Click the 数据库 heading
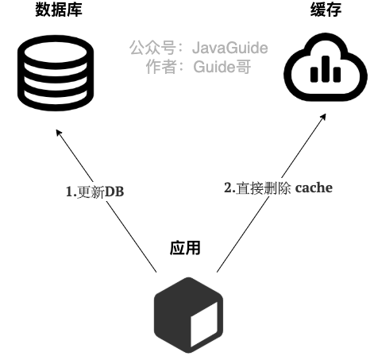tap(59, 10)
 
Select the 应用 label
tap(185, 247)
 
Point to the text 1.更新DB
tap(94, 192)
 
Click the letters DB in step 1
tap(114, 192)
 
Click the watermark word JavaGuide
tap(230, 48)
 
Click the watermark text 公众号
tap(151, 48)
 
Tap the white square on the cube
tap(205, 321)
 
